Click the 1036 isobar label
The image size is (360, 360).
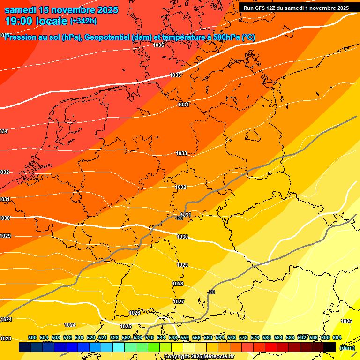[158, 45]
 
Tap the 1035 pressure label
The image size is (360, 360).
[175, 75]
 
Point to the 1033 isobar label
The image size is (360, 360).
[181, 153]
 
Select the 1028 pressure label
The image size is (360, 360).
[178, 284]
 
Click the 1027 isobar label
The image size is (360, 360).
[179, 301]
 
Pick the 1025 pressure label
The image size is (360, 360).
[126, 326]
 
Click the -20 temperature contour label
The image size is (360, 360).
[179, 218]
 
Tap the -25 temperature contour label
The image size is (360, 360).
[211, 292]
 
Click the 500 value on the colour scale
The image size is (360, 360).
[32, 337]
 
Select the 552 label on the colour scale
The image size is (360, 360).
[185, 337]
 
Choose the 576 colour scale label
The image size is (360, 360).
[255, 337]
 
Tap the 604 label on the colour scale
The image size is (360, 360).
[337, 337]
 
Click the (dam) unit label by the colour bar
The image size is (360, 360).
[347, 347]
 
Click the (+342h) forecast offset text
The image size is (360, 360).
[83, 21]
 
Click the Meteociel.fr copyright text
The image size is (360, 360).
[199, 356]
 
